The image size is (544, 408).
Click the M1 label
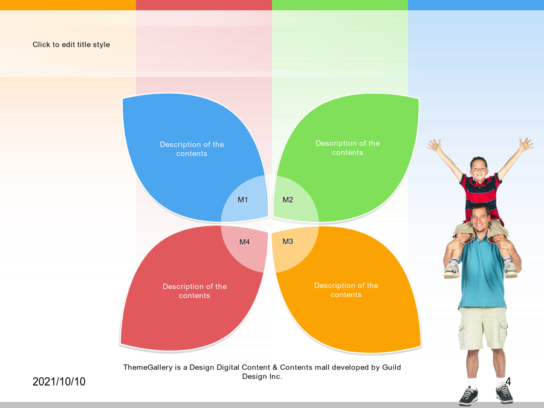coord(243,200)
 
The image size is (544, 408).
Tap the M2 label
coord(288,200)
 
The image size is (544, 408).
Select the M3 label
coord(288,241)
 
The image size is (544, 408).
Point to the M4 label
coord(245,242)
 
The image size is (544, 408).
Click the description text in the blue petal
coord(192,149)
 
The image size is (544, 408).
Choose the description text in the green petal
coord(348,148)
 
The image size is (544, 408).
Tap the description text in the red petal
coord(195,291)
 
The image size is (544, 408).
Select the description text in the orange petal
coord(346,290)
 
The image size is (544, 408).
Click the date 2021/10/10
coord(59,381)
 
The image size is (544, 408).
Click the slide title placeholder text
coord(71,44)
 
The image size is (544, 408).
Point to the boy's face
coord(479,169)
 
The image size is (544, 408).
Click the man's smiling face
coord(481,219)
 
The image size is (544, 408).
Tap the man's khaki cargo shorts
coord(483,328)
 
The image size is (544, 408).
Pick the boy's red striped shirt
coord(481,194)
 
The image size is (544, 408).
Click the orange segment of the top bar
coord(68,5)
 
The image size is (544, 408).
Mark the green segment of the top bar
coord(340,5)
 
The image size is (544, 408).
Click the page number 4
coord(508,381)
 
